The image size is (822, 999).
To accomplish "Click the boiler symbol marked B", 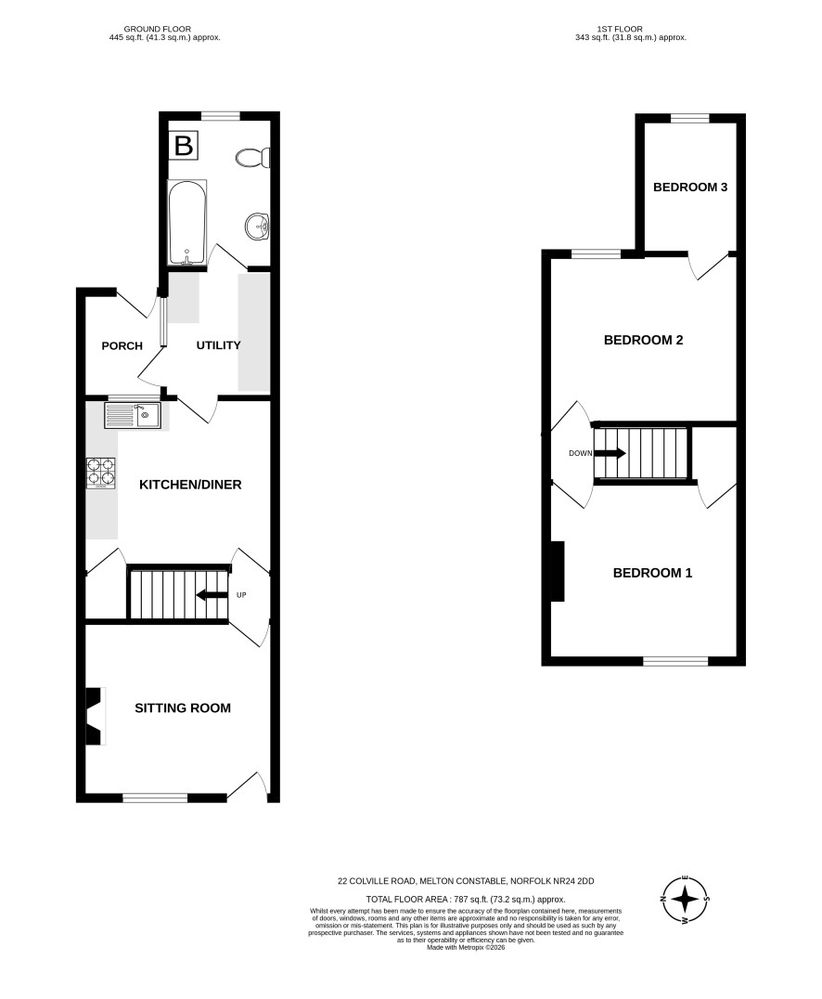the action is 184,145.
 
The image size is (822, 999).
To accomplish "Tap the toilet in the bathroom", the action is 252,157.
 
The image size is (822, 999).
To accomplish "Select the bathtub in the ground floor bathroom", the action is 187,222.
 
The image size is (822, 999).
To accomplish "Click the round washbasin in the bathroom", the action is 258,225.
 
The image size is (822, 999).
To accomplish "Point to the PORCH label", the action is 122,346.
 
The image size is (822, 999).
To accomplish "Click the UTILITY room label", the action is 218,345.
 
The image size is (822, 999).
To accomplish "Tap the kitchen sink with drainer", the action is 133,416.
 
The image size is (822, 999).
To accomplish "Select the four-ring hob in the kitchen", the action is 101,474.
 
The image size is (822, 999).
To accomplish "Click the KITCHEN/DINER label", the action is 190,485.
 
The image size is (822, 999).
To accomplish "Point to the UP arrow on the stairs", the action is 212,596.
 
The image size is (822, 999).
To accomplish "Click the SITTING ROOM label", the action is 183,707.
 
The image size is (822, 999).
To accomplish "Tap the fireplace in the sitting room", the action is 95,716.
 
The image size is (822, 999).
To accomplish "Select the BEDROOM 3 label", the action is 690,188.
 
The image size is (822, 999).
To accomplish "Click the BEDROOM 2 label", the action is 643,340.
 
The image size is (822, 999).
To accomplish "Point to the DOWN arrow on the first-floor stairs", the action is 610,453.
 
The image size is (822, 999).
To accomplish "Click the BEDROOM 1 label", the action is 652,574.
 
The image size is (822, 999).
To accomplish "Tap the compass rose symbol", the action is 685,900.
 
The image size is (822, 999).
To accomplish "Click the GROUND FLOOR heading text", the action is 158,29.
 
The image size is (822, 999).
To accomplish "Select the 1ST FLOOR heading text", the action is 620,29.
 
